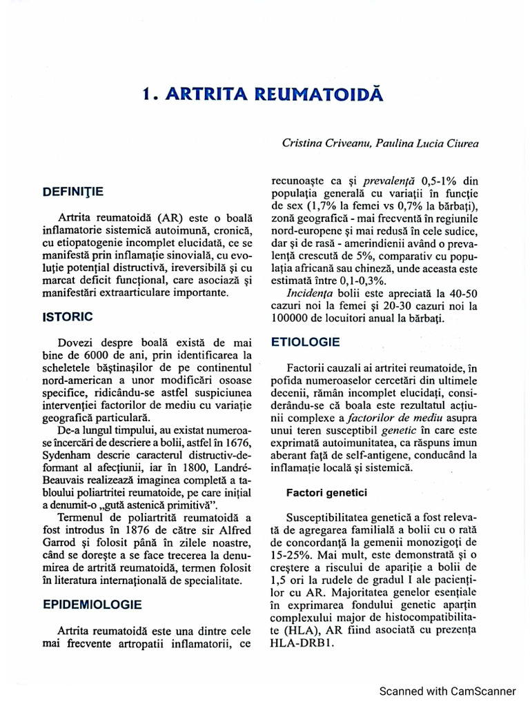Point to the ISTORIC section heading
pyautogui.click(x=68, y=317)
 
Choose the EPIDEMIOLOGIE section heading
pyautogui.click(x=92, y=605)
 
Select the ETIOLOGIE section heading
pyautogui.click(x=305, y=341)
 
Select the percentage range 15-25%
pyautogui.click(x=295, y=553)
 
